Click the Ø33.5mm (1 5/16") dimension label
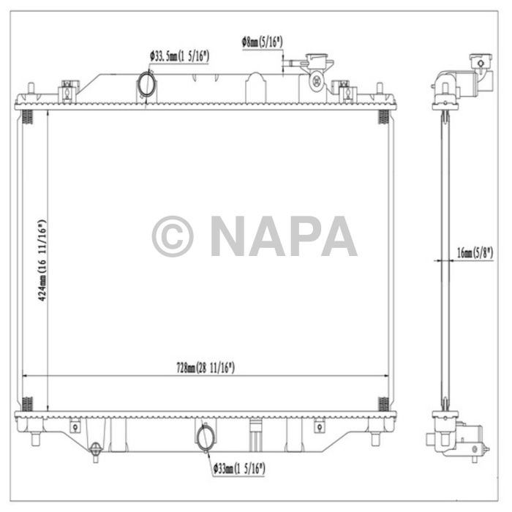tap(180, 55)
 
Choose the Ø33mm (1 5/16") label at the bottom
tap(239, 466)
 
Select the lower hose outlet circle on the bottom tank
tap(206, 437)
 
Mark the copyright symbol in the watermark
tap(173, 236)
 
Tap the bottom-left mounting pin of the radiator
tap(34, 439)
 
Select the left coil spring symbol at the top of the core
tap(28, 116)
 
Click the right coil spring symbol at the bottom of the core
tap(383, 403)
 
